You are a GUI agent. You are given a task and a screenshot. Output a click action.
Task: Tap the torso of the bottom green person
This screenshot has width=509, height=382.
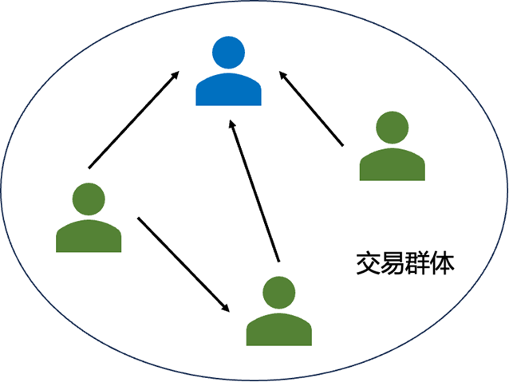[278, 329]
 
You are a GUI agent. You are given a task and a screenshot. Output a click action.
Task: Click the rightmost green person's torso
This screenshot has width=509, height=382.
[392, 164]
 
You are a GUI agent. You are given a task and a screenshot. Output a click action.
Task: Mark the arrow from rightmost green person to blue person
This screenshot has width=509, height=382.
[311, 108]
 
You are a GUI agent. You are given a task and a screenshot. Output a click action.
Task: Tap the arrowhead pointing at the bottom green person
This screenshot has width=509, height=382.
[227, 307]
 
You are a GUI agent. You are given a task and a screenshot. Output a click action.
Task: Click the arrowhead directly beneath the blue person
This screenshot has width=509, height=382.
[231, 125]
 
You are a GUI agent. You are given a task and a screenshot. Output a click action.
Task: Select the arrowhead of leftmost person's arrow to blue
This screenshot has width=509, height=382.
[175, 75]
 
